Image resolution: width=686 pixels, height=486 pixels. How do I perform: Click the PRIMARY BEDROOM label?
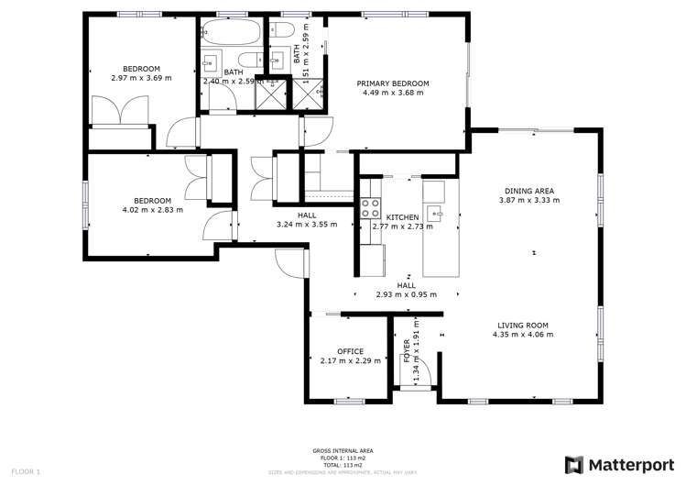[x=393, y=83]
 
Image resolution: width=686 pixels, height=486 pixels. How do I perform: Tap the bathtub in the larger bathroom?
[x=230, y=34]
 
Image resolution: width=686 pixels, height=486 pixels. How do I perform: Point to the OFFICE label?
[x=350, y=351]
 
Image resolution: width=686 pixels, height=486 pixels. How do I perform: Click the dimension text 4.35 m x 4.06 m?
[x=526, y=335]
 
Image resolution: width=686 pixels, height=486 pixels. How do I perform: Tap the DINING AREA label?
[x=526, y=191]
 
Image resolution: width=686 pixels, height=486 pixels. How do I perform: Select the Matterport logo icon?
[x=573, y=464]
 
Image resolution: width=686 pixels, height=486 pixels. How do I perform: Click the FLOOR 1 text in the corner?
[x=25, y=471]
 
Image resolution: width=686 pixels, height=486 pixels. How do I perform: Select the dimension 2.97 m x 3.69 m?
[x=142, y=79]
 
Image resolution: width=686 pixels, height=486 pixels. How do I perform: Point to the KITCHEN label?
[x=402, y=216]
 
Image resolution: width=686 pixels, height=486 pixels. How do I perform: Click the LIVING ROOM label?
[x=523, y=325]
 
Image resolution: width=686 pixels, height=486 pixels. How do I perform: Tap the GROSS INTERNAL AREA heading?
[x=343, y=451]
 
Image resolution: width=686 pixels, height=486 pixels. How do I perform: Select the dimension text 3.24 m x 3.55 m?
[x=308, y=225]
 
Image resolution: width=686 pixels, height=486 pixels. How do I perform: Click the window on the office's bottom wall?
[x=349, y=402]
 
